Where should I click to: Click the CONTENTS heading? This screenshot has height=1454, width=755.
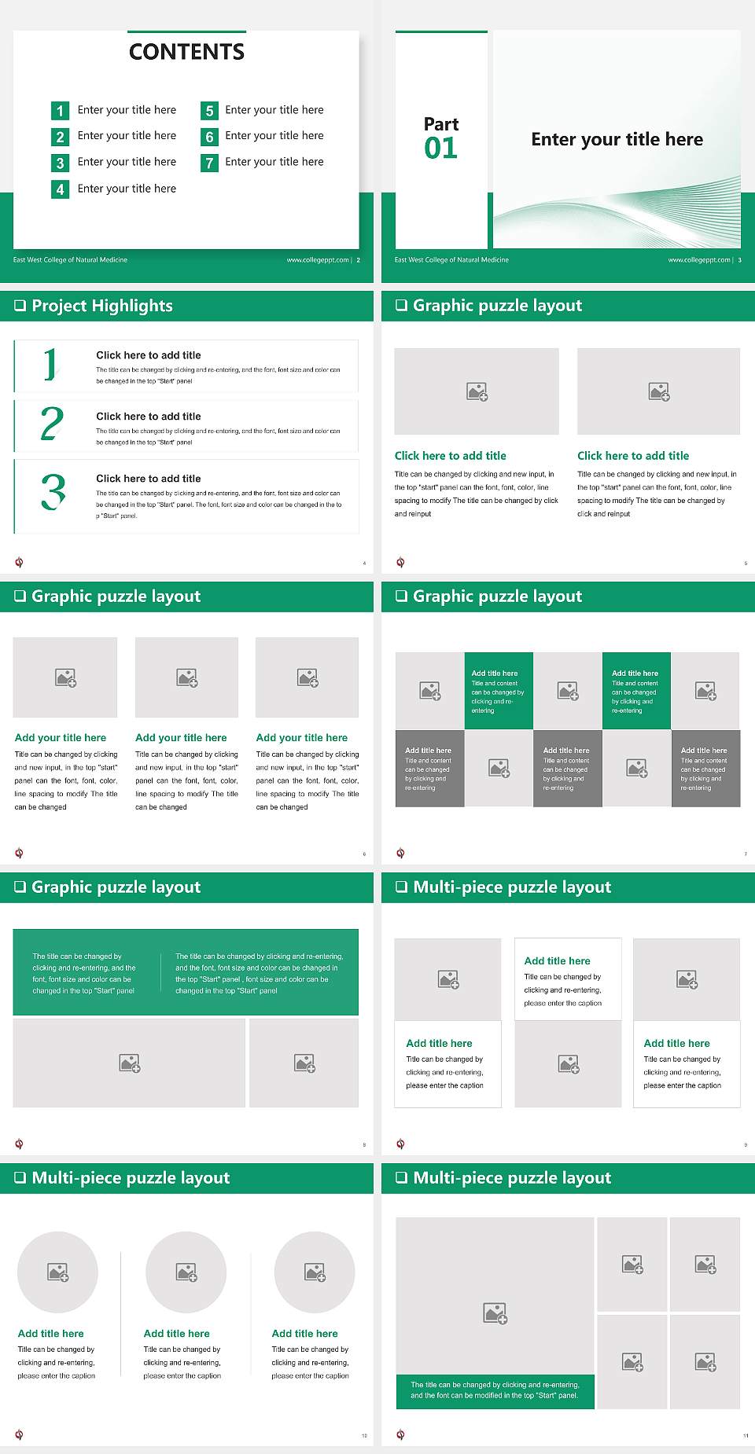pos(186,52)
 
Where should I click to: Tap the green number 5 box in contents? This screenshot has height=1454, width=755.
pos(209,111)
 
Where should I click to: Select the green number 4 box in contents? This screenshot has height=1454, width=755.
pos(60,189)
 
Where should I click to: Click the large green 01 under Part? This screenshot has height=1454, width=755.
pos(440,149)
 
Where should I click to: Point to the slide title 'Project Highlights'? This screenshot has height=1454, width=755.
pos(102,306)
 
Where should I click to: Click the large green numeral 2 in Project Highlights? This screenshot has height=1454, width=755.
pos(52,424)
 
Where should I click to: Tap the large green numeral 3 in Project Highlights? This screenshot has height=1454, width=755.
pos(53,493)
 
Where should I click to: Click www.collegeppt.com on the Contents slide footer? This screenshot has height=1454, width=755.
pos(317,260)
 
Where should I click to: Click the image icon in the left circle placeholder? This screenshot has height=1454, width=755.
pos(58,1272)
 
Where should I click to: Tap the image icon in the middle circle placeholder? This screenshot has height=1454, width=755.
pos(186,1272)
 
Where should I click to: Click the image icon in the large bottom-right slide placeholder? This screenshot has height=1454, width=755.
pos(495,1313)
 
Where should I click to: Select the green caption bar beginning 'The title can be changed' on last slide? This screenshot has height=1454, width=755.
pos(495,1390)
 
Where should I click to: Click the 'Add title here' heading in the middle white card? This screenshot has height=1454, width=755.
pos(557,960)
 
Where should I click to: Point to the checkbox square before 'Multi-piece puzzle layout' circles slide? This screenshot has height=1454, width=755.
pos(20,1177)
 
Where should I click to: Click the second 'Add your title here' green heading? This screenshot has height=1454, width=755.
pos(181,738)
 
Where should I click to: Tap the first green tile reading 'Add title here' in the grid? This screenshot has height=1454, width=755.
pos(499,691)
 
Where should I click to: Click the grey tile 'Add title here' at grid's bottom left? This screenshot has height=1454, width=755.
pos(429,768)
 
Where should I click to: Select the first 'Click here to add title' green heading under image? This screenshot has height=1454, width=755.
pos(450,456)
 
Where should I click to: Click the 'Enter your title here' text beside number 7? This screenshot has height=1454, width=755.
pos(274,162)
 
